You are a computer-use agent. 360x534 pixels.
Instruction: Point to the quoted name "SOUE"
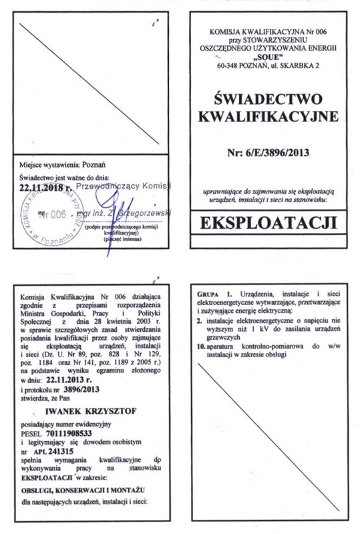coord(273,56)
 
